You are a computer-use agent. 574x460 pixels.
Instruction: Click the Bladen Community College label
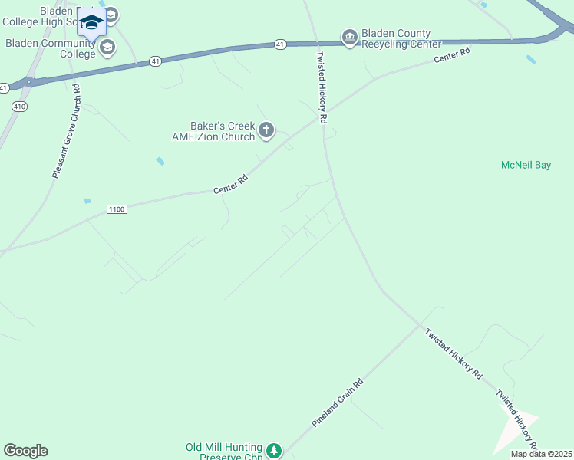[x=51, y=48]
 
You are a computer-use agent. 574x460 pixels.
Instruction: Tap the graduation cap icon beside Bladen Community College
[x=107, y=48]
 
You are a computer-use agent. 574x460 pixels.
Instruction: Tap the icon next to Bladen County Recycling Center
[x=349, y=38]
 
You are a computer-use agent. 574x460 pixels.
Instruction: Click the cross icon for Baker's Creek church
[x=266, y=130]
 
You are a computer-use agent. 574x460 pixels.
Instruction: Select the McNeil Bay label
[x=526, y=165]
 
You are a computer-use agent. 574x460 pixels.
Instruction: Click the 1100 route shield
[x=117, y=209]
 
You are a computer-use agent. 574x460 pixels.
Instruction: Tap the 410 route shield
[x=19, y=107]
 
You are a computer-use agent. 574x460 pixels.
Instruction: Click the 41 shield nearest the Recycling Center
[x=280, y=45]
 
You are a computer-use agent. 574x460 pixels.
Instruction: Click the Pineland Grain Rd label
[x=337, y=402]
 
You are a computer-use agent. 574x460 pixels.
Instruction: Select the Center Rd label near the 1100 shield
[x=231, y=184]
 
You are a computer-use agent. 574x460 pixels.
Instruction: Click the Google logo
[x=25, y=451]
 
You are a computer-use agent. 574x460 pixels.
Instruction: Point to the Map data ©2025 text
[x=541, y=454]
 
